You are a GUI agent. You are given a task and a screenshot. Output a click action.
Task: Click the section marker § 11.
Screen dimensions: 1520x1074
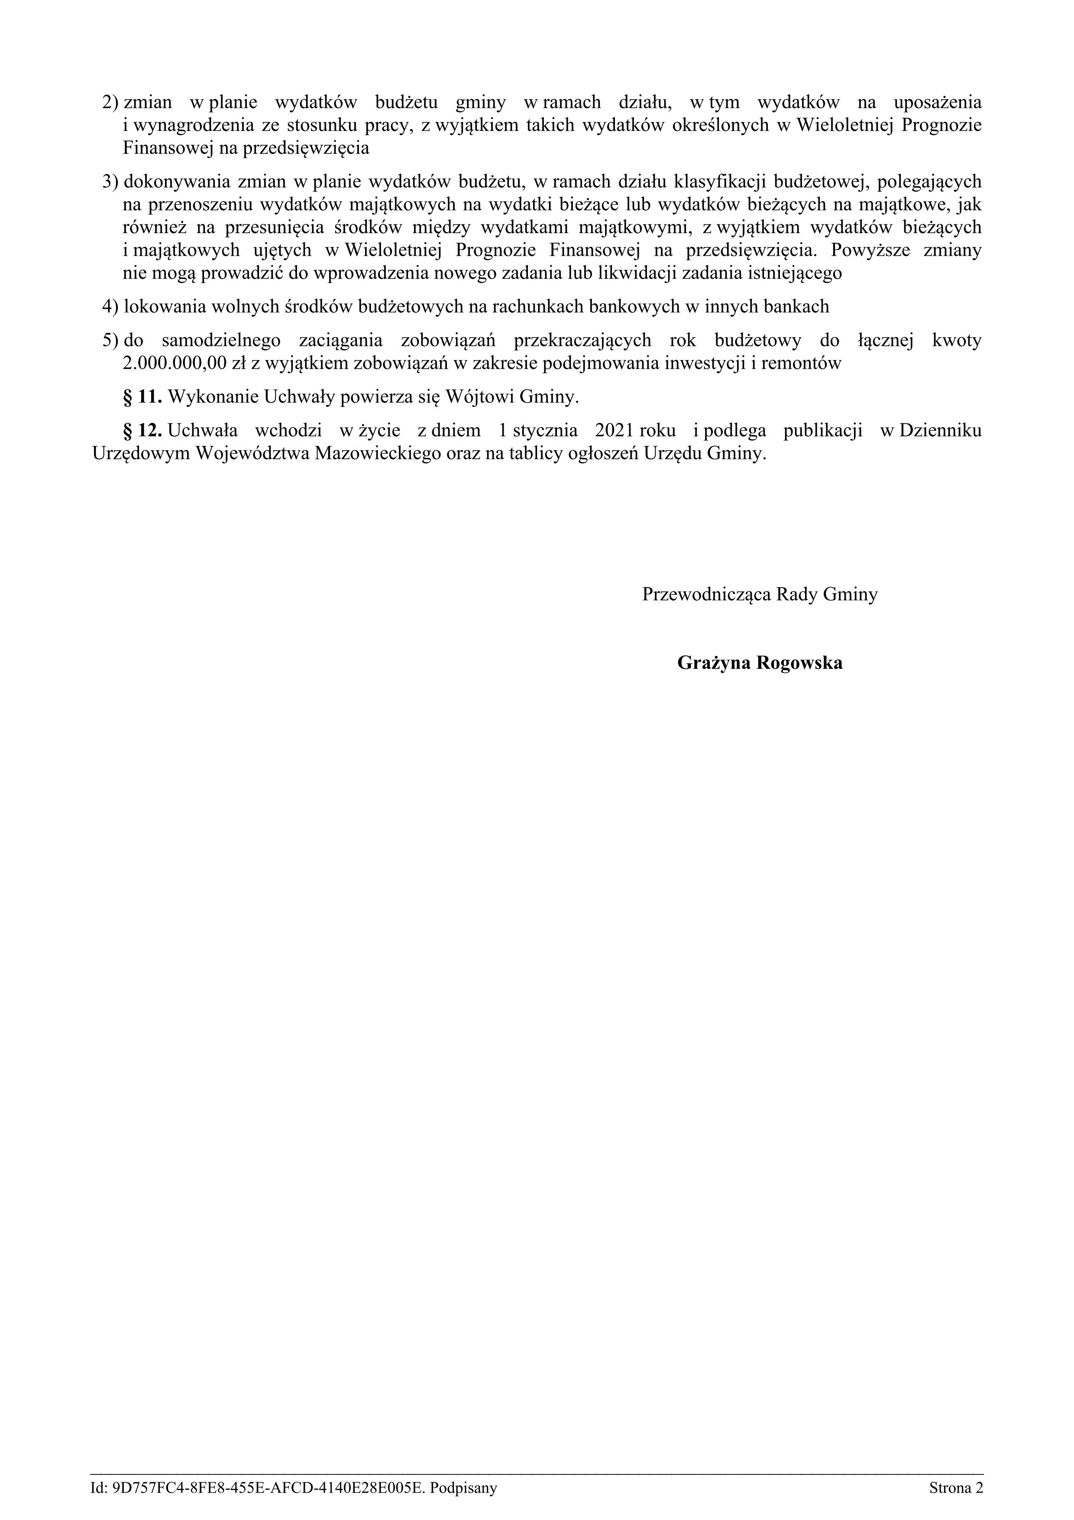click(142, 397)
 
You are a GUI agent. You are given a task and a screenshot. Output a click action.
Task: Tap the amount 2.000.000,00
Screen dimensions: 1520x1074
click(172, 364)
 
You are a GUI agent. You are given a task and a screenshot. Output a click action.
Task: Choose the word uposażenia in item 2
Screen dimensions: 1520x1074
click(938, 103)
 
